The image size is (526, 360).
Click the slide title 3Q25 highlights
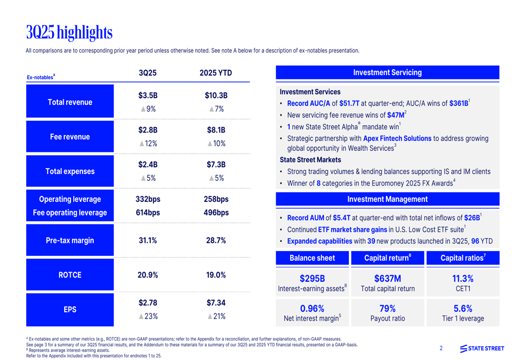pos(69,33)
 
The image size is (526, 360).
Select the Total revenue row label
pos(70,102)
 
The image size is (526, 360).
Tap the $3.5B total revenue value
pos(148,96)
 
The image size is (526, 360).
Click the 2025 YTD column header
pos(216,73)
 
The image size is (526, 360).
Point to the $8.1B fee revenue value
pos(216,130)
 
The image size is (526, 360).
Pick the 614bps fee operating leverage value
pos(148,213)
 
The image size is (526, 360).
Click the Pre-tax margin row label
pos(70,241)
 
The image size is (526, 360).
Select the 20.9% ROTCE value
pos(148,275)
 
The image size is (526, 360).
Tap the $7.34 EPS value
pos(216,303)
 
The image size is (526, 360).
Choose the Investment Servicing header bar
pos(387,73)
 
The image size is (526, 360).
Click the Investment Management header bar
pos(387,199)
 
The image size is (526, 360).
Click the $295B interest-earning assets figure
pos(312,278)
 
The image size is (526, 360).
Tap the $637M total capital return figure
pos(388,278)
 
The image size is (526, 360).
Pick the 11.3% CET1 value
pos(463,278)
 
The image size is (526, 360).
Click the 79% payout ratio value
pos(388,308)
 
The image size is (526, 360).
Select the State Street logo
pos(482,348)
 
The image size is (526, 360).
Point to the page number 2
pos(441,348)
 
